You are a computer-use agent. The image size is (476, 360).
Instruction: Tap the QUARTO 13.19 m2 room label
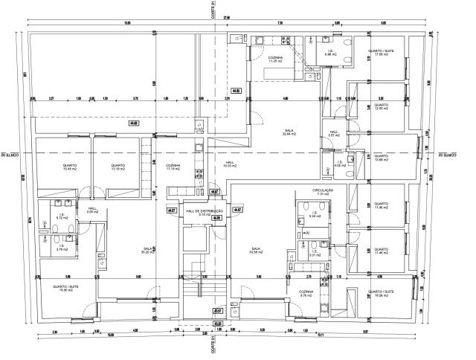[117, 167]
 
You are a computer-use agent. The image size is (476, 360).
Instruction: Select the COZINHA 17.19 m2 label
[173, 167]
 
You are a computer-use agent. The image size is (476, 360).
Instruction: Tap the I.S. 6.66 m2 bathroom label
[330, 53]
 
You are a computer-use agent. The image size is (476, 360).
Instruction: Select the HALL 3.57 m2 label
[334, 134]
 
